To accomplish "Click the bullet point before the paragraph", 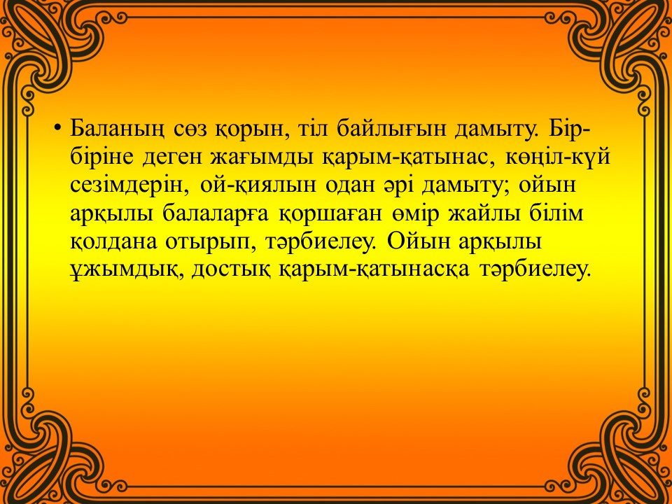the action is point(57,129).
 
